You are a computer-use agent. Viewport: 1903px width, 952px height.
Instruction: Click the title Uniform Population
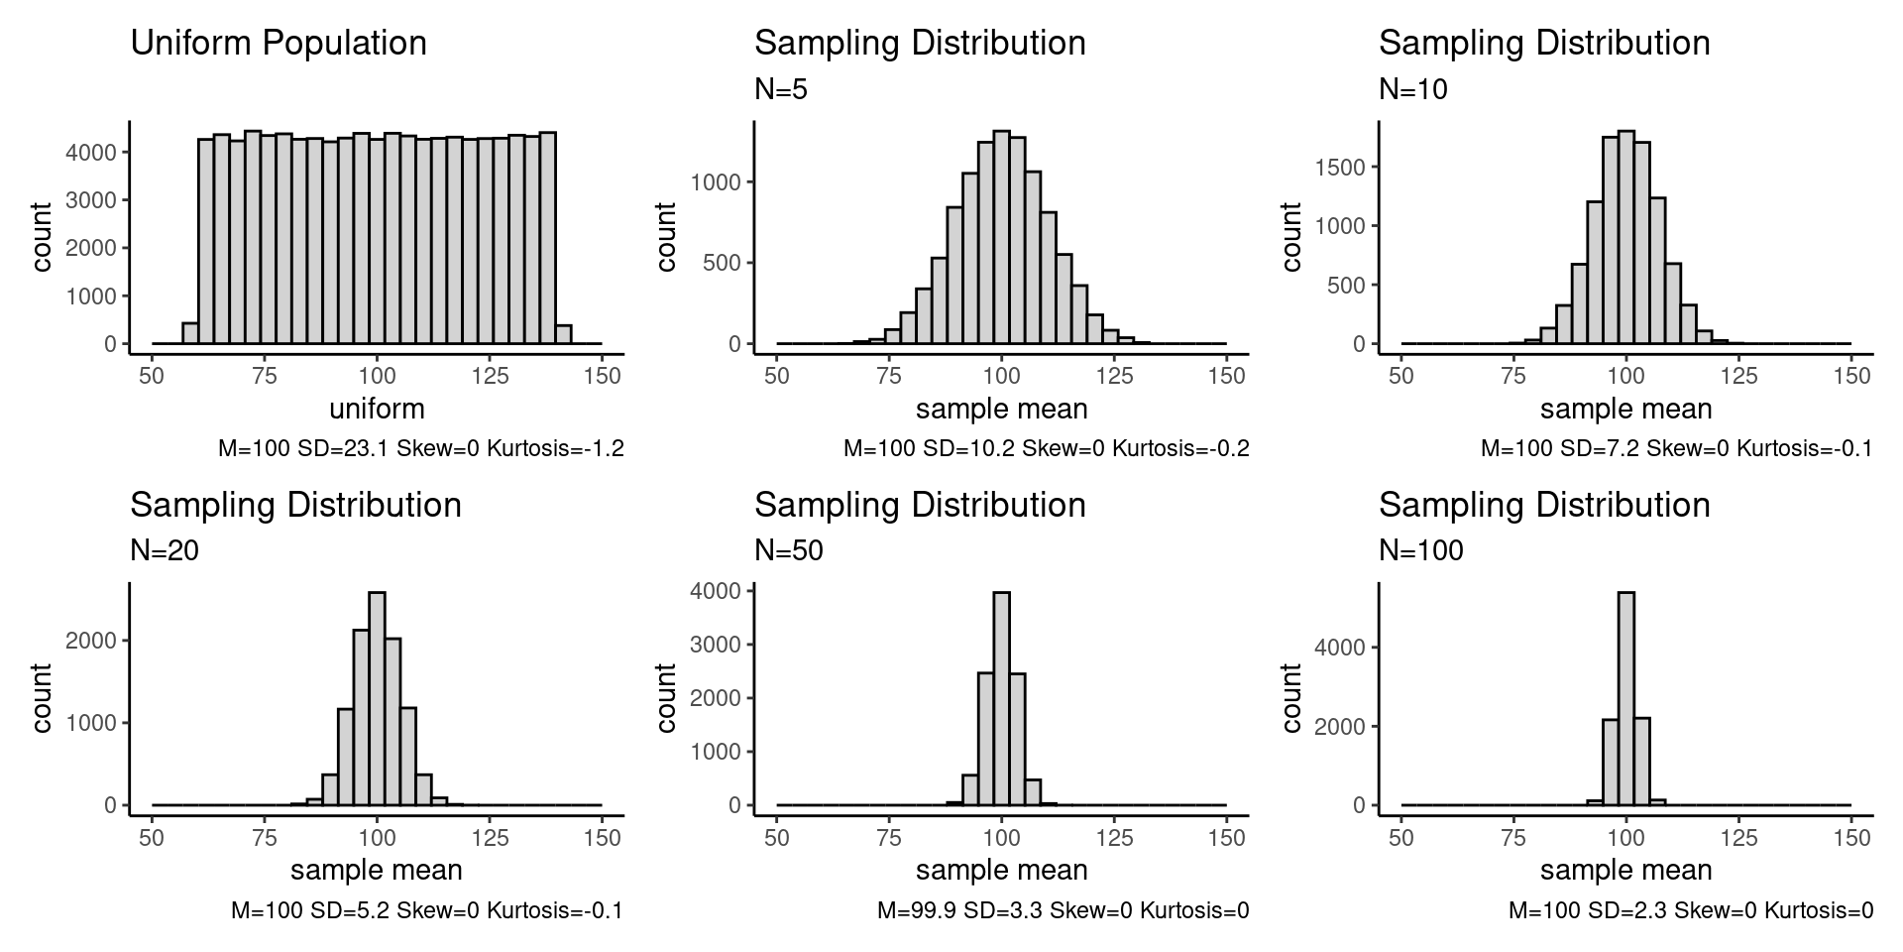click(279, 44)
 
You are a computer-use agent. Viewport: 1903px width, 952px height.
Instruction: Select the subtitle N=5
click(781, 90)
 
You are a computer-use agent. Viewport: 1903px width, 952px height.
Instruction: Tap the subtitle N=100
click(1420, 551)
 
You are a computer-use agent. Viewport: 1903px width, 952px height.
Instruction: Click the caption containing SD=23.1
click(421, 449)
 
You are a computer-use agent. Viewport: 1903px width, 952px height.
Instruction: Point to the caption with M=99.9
click(1063, 910)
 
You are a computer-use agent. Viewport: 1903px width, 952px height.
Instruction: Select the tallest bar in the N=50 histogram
click(1001, 698)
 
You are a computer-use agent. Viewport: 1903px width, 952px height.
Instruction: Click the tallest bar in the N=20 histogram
click(377, 698)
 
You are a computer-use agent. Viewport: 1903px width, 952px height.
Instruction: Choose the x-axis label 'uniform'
click(377, 409)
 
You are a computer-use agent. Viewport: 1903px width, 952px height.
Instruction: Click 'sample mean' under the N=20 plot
click(377, 871)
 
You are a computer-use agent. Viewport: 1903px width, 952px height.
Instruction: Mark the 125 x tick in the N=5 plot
click(1115, 377)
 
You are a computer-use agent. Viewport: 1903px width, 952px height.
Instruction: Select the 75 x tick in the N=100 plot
click(1513, 838)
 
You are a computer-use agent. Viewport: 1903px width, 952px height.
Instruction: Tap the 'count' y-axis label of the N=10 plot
click(1290, 237)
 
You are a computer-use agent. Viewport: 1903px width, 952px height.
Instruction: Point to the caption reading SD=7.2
click(1676, 449)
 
